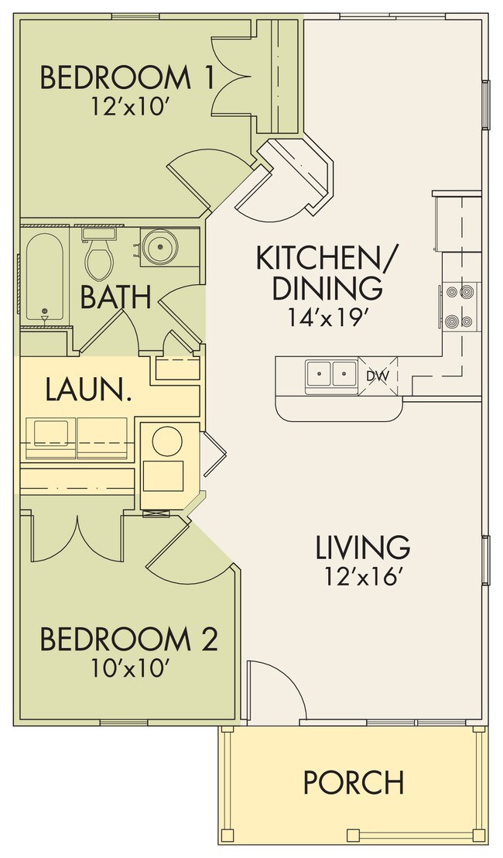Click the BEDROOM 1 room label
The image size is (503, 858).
tap(116, 78)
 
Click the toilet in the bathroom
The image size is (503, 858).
tap(99, 257)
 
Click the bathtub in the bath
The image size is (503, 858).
tap(44, 279)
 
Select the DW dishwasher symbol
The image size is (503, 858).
tap(377, 376)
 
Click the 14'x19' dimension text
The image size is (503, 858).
tap(326, 317)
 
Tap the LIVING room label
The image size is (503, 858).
tap(362, 547)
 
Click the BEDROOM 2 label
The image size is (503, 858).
tap(128, 640)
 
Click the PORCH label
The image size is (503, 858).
tap(354, 782)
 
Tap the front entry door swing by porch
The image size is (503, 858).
tap(277, 691)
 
